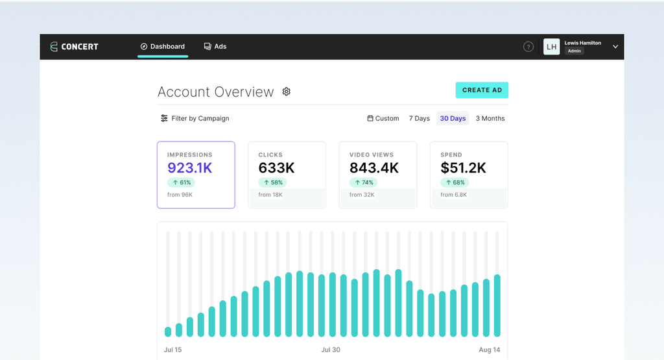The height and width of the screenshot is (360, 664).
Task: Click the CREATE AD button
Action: (x=482, y=90)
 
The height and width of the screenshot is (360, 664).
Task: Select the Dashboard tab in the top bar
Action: (x=163, y=47)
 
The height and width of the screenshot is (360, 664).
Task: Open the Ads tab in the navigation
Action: (x=215, y=47)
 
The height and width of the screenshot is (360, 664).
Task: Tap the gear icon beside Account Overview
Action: (x=286, y=91)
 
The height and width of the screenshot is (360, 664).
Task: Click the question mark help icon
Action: (x=528, y=47)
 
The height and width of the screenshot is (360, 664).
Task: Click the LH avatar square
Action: (x=551, y=47)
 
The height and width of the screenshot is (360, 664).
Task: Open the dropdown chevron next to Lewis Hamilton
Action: (x=615, y=47)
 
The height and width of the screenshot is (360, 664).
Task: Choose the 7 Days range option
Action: (x=420, y=119)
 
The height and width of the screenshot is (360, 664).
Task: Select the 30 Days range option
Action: (x=453, y=119)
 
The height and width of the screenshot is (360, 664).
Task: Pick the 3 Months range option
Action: (x=490, y=119)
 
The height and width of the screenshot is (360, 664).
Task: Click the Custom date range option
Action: (x=383, y=119)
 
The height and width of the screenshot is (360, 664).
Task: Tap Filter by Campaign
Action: (x=195, y=119)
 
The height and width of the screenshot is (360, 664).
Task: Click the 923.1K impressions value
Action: (x=190, y=168)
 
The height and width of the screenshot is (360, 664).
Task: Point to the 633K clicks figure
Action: (x=276, y=168)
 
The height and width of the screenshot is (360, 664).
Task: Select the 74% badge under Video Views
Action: (x=363, y=182)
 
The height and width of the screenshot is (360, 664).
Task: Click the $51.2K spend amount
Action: (x=463, y=168)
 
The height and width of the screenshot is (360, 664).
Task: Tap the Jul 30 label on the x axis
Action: (x=330, y=350)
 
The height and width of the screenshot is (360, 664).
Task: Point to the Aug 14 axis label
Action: (x=490, y=350)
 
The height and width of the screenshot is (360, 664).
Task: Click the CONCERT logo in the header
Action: (x=74, y=47)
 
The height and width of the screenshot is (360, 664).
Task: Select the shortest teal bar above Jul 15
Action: (x=168, y=331)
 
